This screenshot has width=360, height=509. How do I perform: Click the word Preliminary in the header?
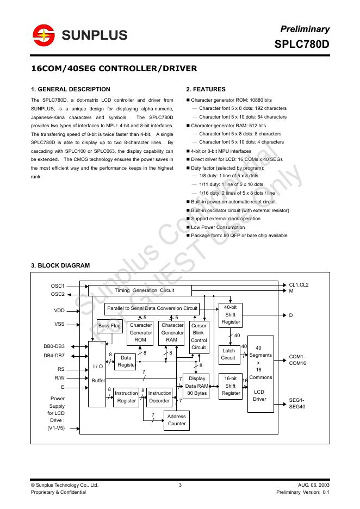click(305, 29)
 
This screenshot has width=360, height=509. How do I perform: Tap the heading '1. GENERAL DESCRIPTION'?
click(71, 89)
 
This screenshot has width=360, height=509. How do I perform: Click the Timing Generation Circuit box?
click(145, 290)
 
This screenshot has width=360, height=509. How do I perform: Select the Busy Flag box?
click(109, 326)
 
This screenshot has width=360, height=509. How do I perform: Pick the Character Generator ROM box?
click(141, 332)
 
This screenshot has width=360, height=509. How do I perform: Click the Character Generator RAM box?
click(172, 332)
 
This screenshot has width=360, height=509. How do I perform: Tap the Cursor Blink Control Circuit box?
click(199, 337)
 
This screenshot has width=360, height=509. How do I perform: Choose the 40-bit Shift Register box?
click(231, 315)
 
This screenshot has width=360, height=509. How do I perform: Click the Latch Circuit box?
click(228, 355)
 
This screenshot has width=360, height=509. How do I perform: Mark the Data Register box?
click(126, 362)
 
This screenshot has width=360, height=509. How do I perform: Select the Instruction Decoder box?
click(159, 397)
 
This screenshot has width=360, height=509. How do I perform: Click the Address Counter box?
click(176, 420)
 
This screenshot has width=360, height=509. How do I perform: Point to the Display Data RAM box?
click(196, 386)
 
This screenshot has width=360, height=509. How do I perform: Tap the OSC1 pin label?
click(58, 285)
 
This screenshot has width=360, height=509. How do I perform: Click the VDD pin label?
click(59, 311)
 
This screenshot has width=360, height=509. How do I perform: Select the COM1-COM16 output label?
click(298, 360)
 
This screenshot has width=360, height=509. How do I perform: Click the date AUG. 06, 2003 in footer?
click(313, 485)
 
